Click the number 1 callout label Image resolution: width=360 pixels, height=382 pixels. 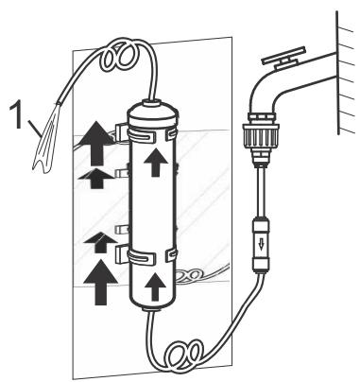point(16,117)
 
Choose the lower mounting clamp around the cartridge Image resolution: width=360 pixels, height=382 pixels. point(151,255)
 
